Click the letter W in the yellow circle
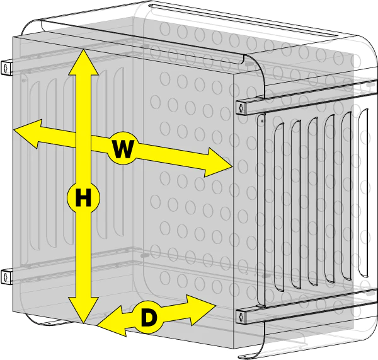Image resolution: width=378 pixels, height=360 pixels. (123, 149)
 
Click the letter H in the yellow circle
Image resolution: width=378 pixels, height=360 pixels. (83, 198)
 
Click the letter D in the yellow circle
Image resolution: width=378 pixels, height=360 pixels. (149, 318)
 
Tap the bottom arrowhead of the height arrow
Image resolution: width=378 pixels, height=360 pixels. (83, 310)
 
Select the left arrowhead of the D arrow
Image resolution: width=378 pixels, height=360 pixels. (112, 322)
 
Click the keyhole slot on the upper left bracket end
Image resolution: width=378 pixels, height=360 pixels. (6, 69)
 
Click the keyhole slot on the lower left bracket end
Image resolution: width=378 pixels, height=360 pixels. (6, 277)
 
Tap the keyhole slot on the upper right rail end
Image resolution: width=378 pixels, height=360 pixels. (241, 108)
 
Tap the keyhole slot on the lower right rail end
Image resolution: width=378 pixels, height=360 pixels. (241, 316)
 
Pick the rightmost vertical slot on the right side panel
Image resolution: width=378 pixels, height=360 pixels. (364, 193)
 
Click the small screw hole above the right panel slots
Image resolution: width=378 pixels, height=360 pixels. (262, 120)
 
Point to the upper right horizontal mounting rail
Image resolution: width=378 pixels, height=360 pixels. (307, 97)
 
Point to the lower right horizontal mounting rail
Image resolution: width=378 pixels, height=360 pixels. (307, 306)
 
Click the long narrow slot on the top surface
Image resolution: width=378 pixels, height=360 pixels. (243, 20)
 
